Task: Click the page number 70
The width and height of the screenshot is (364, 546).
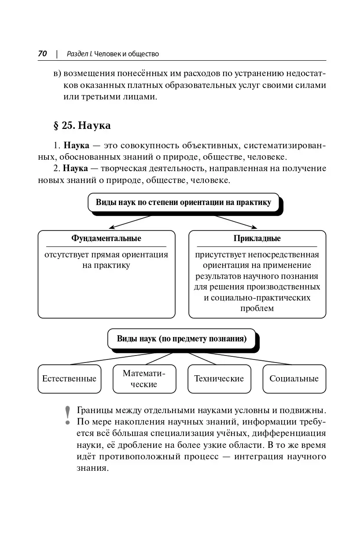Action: pos(43,54)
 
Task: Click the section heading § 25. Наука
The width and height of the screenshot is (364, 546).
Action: pos(82,125)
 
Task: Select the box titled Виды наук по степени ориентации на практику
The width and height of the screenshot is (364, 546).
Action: pos(184,202)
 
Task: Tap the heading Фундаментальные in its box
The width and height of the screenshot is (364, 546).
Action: pos(106,238)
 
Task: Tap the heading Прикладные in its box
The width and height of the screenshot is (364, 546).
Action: pos(257,238)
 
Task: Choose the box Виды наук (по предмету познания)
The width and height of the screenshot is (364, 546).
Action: pos(181,339)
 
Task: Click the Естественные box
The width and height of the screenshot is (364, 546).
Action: pos(70,379)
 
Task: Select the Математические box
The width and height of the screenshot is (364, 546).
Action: pos(144,379)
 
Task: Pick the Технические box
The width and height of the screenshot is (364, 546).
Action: pos(219,379)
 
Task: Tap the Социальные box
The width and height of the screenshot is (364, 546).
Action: pos(294,379)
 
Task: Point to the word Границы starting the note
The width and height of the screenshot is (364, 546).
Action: pos(94,410)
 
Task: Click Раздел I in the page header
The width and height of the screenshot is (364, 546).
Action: pos(79,54)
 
